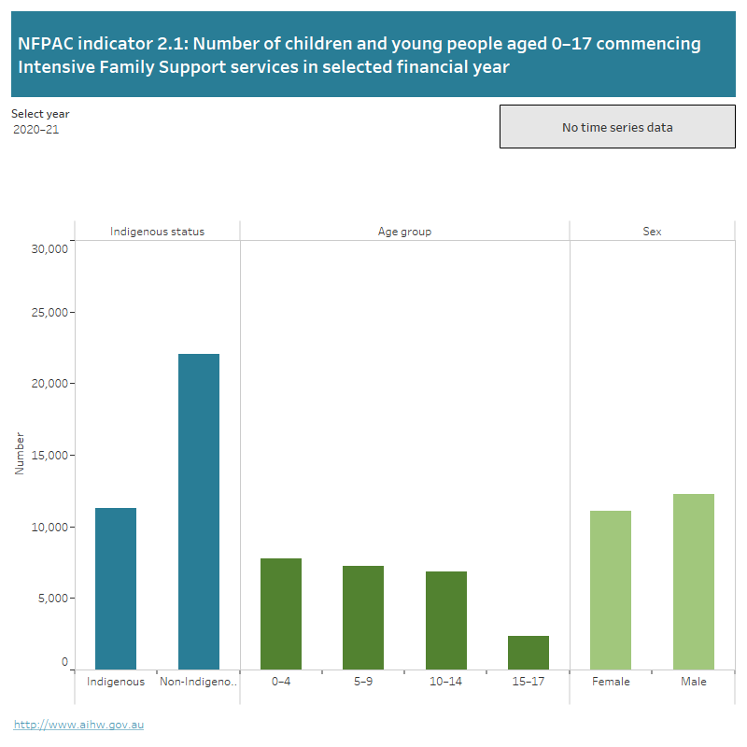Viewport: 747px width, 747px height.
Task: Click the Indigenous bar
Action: (x=116, y=588)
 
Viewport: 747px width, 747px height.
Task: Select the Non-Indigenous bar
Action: (x=198, y=512)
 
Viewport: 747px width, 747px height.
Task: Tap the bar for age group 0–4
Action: (x=281, y=613)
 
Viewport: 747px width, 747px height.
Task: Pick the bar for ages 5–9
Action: (x=363, y=617)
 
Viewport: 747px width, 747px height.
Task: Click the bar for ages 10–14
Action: (x=446, y=620)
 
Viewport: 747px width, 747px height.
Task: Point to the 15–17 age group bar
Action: (x=529, y=652)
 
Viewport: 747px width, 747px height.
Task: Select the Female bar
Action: (x=611, y=589)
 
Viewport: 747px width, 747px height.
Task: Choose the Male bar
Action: (x=694, y=581)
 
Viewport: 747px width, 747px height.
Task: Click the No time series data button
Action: (x=617, y=127)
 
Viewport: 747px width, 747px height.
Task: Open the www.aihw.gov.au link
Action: (x=78, y=725)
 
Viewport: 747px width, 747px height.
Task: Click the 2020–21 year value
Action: (x=36, y=130)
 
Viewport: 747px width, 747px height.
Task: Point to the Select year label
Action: (x=40, y=114)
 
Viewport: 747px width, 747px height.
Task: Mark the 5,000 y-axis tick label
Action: (x=53, y=599)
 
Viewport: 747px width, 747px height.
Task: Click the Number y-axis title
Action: (x=20, y=454)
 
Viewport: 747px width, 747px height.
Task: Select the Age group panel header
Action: (x=404, y=232)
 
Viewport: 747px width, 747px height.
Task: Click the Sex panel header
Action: (x=652, y=232)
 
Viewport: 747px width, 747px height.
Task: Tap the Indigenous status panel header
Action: (x=157, y=232)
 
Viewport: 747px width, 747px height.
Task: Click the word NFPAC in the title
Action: (x=47, y=44)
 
